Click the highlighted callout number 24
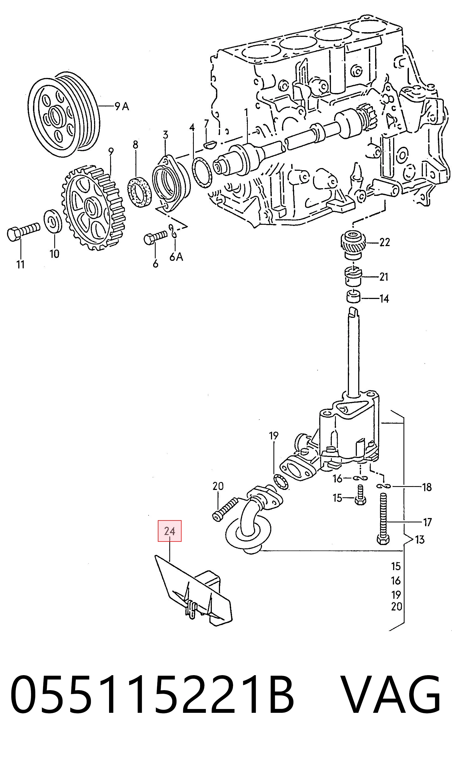(169, 531)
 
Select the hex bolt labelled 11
(23, 231)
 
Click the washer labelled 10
(53, 221)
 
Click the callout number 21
(384, 277)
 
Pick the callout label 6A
(176, 257)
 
